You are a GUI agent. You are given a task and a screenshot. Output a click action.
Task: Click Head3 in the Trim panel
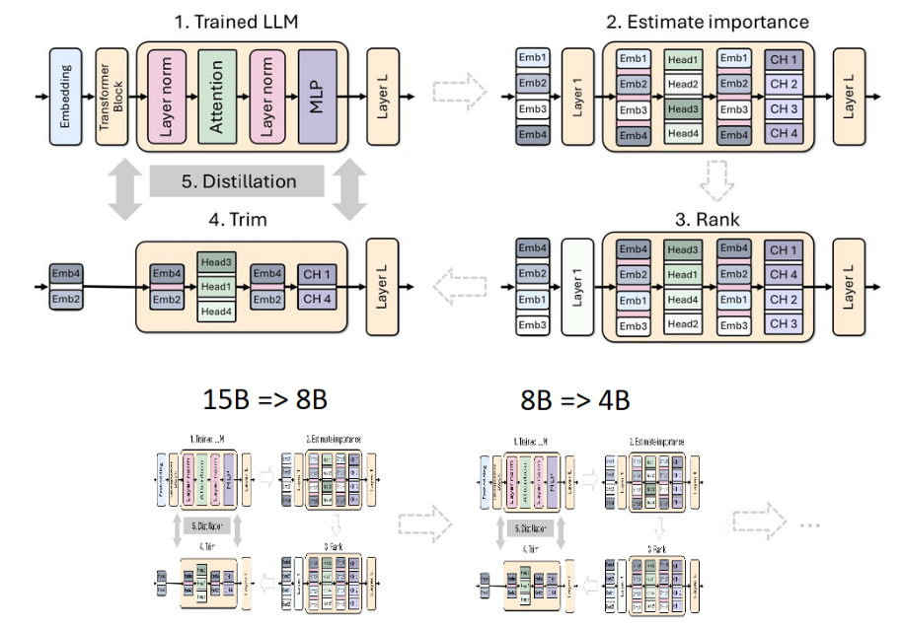point(215,262)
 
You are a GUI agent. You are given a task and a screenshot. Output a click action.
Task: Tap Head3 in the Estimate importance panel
point(682,109)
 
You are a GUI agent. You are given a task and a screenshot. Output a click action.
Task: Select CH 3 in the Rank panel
point(784,323)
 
